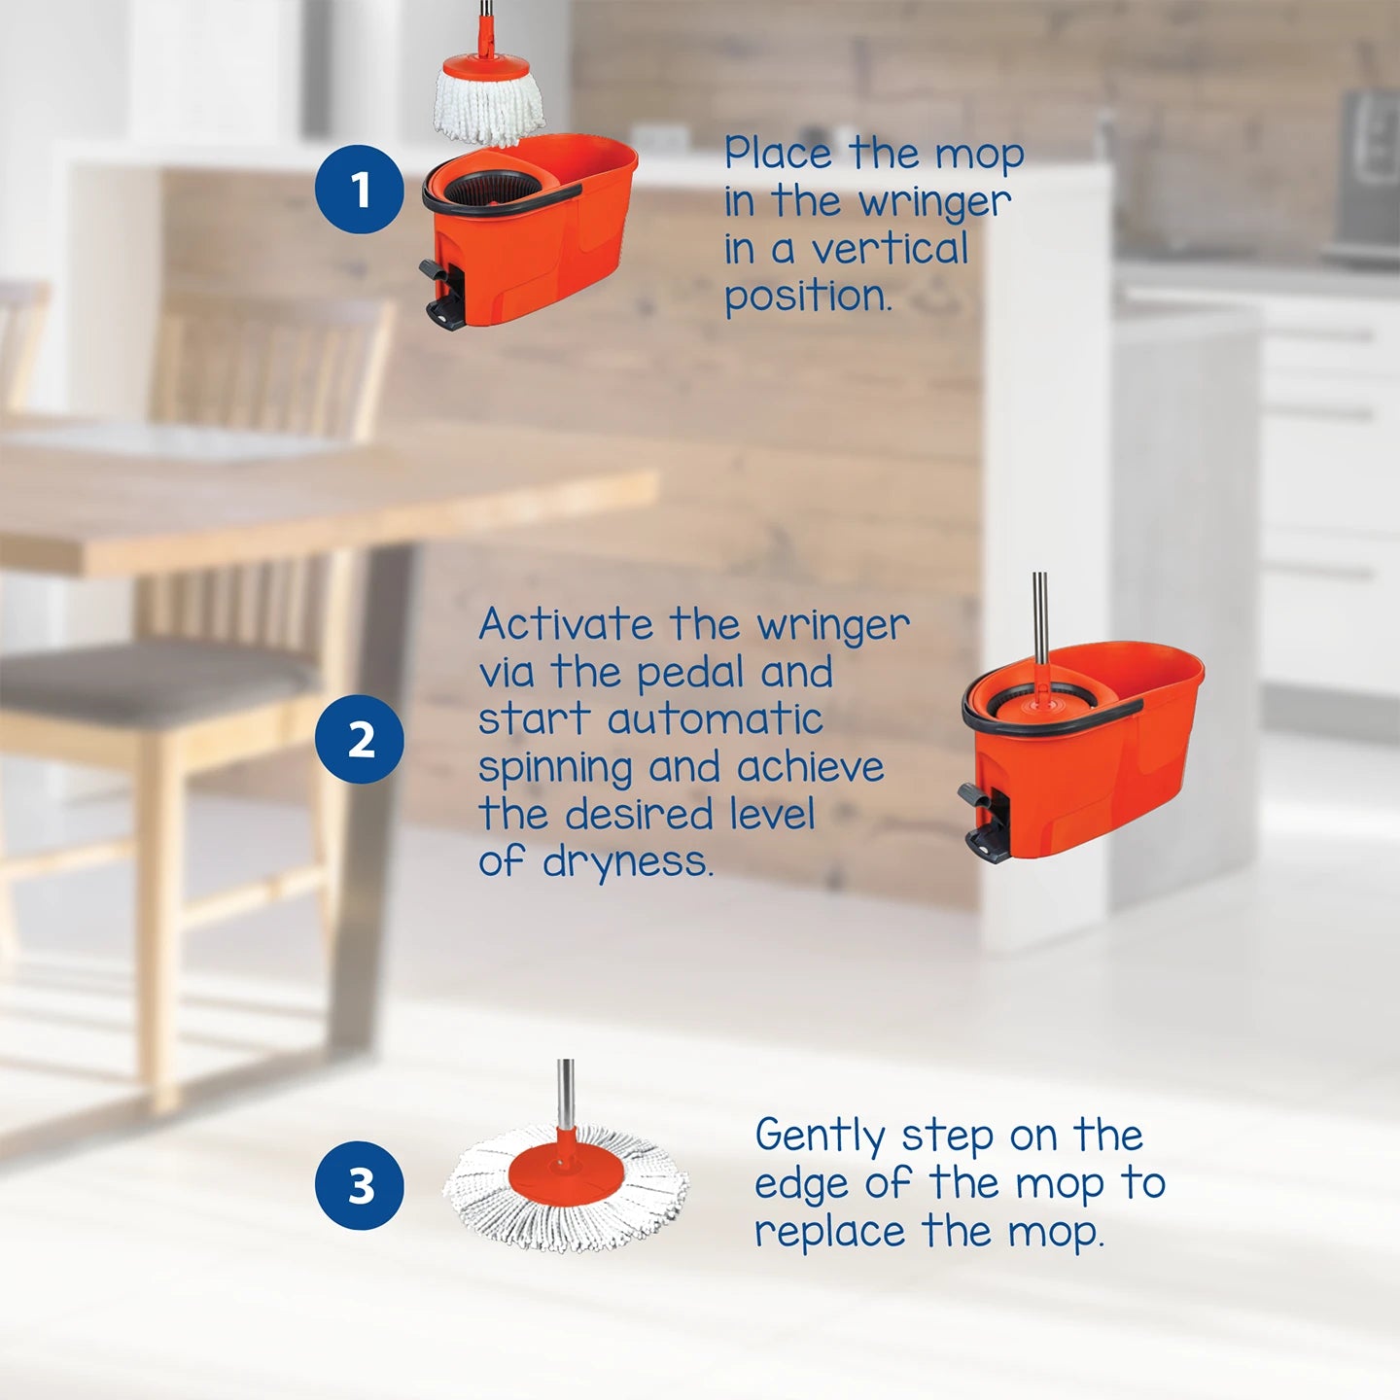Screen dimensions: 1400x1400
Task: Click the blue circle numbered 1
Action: [359, 189]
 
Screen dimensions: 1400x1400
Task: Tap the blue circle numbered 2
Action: [359, 740]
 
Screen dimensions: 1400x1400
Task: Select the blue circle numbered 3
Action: [359, 1185]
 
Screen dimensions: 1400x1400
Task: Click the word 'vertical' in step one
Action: [890, 249]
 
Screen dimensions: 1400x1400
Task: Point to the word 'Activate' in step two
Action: [566, 624]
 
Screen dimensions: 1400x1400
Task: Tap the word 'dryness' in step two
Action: [627, 861]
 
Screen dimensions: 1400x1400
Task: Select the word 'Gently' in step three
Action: [820, 1137]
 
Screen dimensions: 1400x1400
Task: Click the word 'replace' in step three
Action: [829, 1233]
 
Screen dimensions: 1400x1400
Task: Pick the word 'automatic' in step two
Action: [715, 720]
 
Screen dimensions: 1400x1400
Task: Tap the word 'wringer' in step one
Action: [934, 202]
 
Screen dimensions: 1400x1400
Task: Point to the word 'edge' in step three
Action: [801, 1185]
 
